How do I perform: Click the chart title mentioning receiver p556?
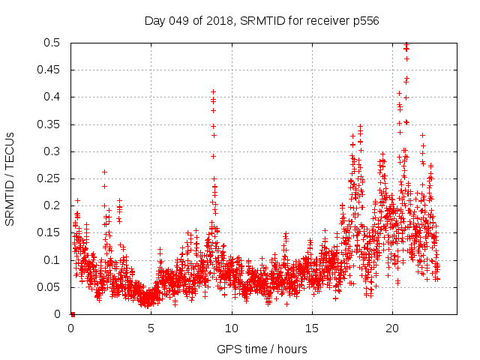(261, 20)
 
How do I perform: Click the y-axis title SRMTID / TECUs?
(10, 178)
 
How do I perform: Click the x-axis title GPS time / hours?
(261, 349)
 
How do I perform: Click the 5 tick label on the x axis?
(151, 328)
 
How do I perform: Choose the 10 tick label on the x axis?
(232, 328)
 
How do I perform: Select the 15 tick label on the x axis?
(312, 328)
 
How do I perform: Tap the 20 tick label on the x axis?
(392, 328)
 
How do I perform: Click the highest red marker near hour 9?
(213, 91)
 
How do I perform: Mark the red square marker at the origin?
(72, 314)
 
